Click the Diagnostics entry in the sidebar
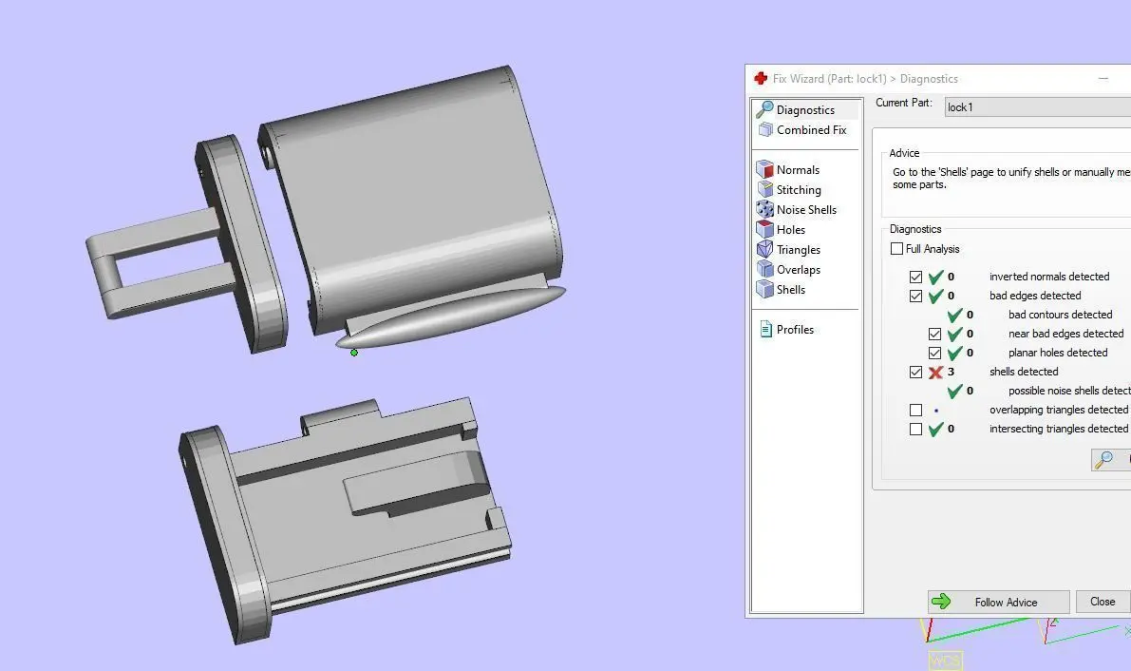[805, 110]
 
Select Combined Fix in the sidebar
[811, 130]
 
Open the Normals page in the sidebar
[797, 170]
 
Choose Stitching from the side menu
[798, 190]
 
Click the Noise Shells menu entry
[805, 209]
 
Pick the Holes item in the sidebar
[790, 230]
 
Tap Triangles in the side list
[798, 250]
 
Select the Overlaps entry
[798, 269]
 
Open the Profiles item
[794, 330]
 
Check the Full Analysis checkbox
[896, 248]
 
